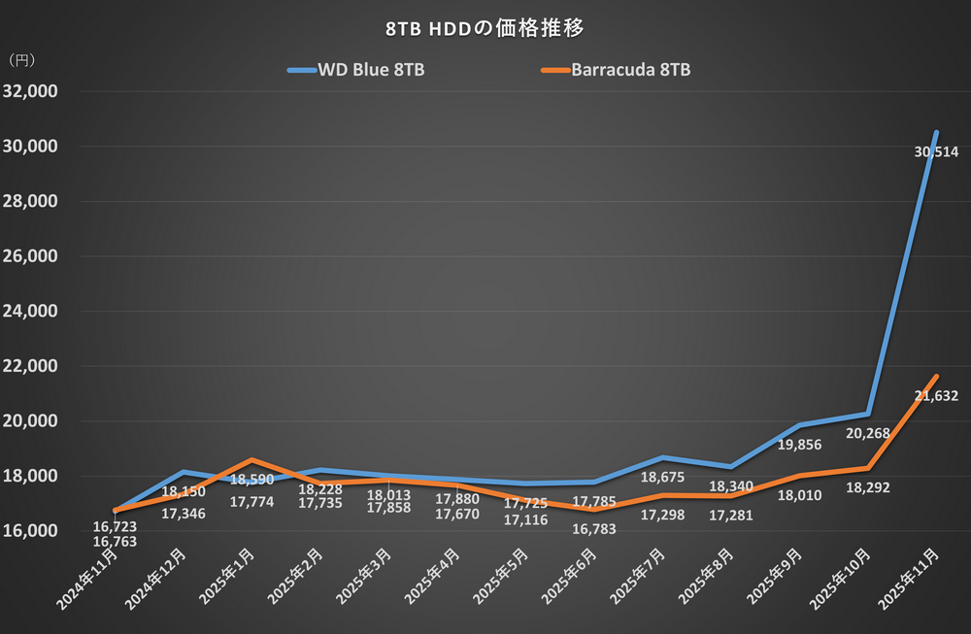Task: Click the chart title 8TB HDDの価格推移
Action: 485,28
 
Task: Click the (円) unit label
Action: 21,60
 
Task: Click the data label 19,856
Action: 801,446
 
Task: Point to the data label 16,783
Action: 592,529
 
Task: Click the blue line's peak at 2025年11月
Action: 935,132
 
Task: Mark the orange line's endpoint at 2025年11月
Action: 935,376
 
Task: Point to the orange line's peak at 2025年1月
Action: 251,459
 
